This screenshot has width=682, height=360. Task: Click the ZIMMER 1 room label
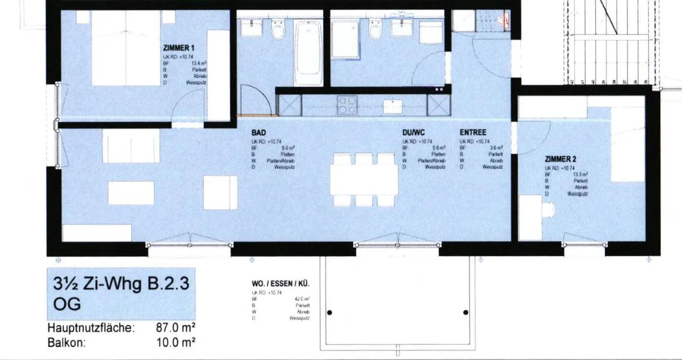click(179, 48)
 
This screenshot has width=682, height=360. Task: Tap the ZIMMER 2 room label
click(560, 160)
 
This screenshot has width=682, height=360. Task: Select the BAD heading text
click(259, 133)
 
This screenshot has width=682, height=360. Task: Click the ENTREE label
click(473, 133)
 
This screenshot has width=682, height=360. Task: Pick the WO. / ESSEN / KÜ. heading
click(280, 284)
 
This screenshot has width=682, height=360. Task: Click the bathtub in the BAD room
click(308, 52)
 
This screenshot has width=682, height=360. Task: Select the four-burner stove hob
click(347, 105)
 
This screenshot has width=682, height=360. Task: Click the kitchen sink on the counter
click(393, 106)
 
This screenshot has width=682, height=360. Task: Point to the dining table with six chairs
click(364, 180)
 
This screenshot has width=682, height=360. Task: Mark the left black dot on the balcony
click(330, 313)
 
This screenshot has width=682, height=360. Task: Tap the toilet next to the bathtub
click(278, 30)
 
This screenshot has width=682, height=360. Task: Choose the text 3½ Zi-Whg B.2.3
click(121, 284)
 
